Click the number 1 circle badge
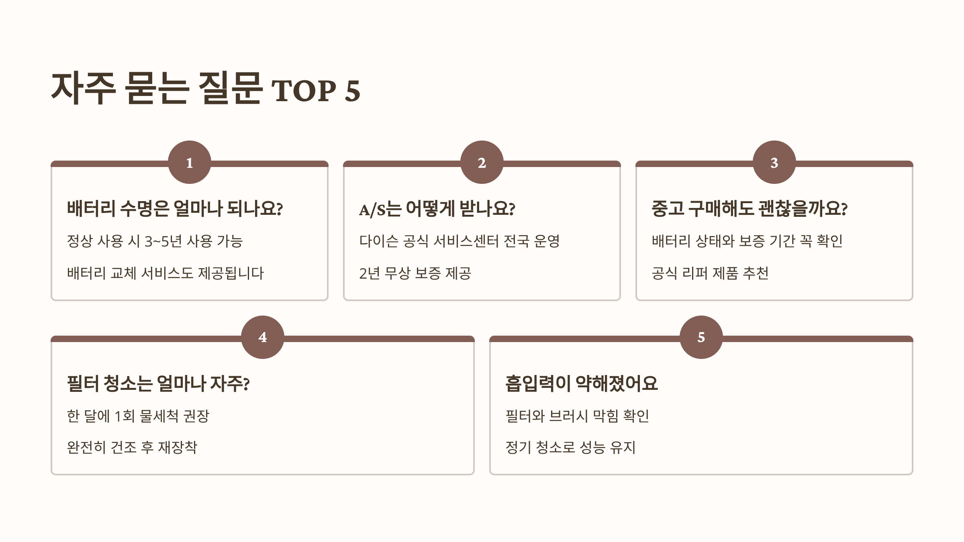pos(190,162)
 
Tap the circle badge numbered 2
pos(482,162)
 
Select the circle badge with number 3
pos(774,162)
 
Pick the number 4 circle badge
pos(263,337)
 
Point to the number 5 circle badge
pos(701,337)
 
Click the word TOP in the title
pos(304,91)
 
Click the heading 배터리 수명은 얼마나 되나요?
pos(175,209)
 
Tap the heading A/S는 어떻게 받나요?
pos(437,209)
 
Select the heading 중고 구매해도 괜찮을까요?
pos(750,209)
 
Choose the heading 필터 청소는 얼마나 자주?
pos(158,383)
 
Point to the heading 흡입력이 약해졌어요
pos(582,383)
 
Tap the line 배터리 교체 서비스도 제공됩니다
pos(165,273)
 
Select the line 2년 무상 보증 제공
pos(415,273)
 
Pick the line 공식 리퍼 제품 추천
pos(710,273)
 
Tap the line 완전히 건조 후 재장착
pos(132,447)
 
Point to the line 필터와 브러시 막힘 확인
pos(577,416)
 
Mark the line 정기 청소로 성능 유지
pos(570,447)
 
